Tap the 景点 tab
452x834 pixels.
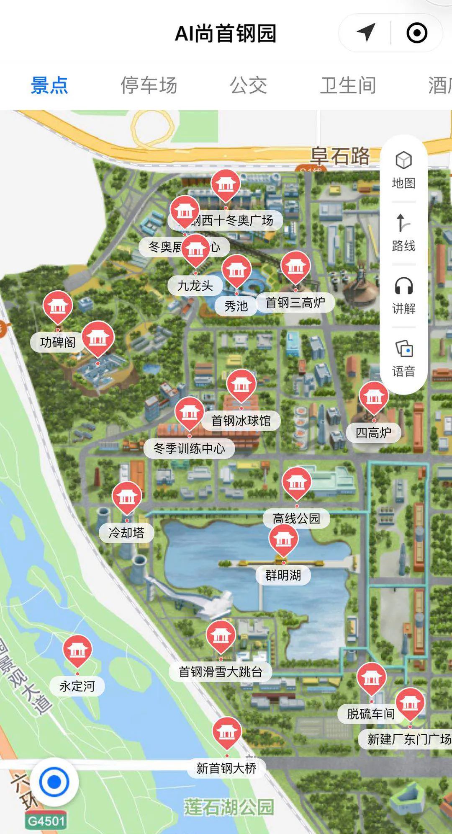[x=49, y=85]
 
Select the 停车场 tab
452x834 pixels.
[x=149, y=85]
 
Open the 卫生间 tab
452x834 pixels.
[x=348, y=85]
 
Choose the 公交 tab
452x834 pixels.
[x=248, y=85]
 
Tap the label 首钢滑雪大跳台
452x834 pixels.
[x=221, y=672]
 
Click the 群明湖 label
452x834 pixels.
[x=283, y=575]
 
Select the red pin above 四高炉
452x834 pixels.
[x=374, y=397]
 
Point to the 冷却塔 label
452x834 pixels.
[x=126, y=533]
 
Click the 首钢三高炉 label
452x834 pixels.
[x=295, y=302]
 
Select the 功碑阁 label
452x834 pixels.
[x=58, y=342]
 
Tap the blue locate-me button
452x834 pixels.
[x=54, y=782]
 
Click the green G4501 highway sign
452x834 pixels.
[x=46, y=821]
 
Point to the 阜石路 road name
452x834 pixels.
[x=340, y=156]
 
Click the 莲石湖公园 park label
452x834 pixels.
[x=229, y=807]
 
